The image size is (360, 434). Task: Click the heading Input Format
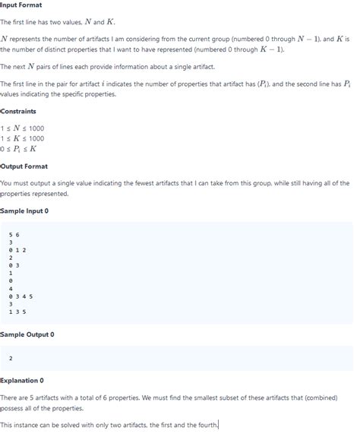22,5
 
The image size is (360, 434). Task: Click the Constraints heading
19,111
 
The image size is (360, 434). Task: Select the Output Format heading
24,166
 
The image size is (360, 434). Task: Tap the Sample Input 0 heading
25,210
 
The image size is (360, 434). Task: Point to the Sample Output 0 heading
27,334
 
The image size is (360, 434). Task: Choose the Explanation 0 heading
23,380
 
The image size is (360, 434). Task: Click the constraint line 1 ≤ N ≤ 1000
23,128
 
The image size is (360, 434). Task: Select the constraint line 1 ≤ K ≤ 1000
23,138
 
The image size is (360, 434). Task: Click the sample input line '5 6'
14,235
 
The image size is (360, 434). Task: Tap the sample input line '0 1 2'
17,250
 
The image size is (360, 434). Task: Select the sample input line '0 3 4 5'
21,296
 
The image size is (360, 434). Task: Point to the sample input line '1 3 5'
17,312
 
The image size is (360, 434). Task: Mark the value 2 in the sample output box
11,358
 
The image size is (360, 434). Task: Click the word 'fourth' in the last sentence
207,424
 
